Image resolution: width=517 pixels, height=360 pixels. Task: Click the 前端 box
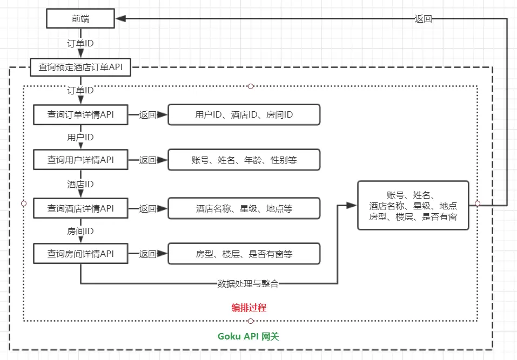pyautogui.click(x=80, y=19)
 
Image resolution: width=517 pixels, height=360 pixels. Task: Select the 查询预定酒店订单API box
pyautogui.click(x=80, y=68)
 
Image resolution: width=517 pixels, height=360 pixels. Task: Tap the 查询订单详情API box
pyautogui.click(x=80, y=114)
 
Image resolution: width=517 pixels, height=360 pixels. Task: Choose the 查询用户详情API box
pyautogui.click(x=80, y=160)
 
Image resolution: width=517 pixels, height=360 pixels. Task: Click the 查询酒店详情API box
pyautogui.click(x=80, y=208)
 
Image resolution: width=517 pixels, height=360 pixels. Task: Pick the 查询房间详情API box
pyautogui.click(x=80, y=254)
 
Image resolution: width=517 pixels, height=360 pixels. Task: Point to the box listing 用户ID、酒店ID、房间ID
pyautogui.click(x=244, y=114)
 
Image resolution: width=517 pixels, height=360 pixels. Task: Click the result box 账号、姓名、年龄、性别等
pyautogui.click(x=244, y=160)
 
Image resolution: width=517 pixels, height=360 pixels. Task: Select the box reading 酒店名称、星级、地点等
pyautogui.click(x=244, y=208)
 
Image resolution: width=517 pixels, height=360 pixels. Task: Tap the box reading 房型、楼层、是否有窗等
pyautogui.click(x=244, y=254)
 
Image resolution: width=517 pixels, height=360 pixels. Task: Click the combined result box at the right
pyautogui.click(x=413, y=206)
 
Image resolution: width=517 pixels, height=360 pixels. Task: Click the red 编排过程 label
pyautogui.click(x=249, y=308)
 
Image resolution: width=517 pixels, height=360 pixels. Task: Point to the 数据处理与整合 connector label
pyautogui.click(x=248, y=283)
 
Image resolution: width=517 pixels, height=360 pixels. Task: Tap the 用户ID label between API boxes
pyautogui.click(x=80, y=138)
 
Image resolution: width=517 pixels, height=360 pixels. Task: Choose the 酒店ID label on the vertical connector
pyautogui.click(x=80, y=185)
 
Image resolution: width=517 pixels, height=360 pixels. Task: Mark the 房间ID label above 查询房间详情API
pyautogui.click(x=80, y=231)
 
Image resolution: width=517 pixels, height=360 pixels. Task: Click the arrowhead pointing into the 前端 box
pyautogui.click(x=120, y=19)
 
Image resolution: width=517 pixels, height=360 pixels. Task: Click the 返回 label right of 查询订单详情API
pyautogui.click(x=148, y=114)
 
